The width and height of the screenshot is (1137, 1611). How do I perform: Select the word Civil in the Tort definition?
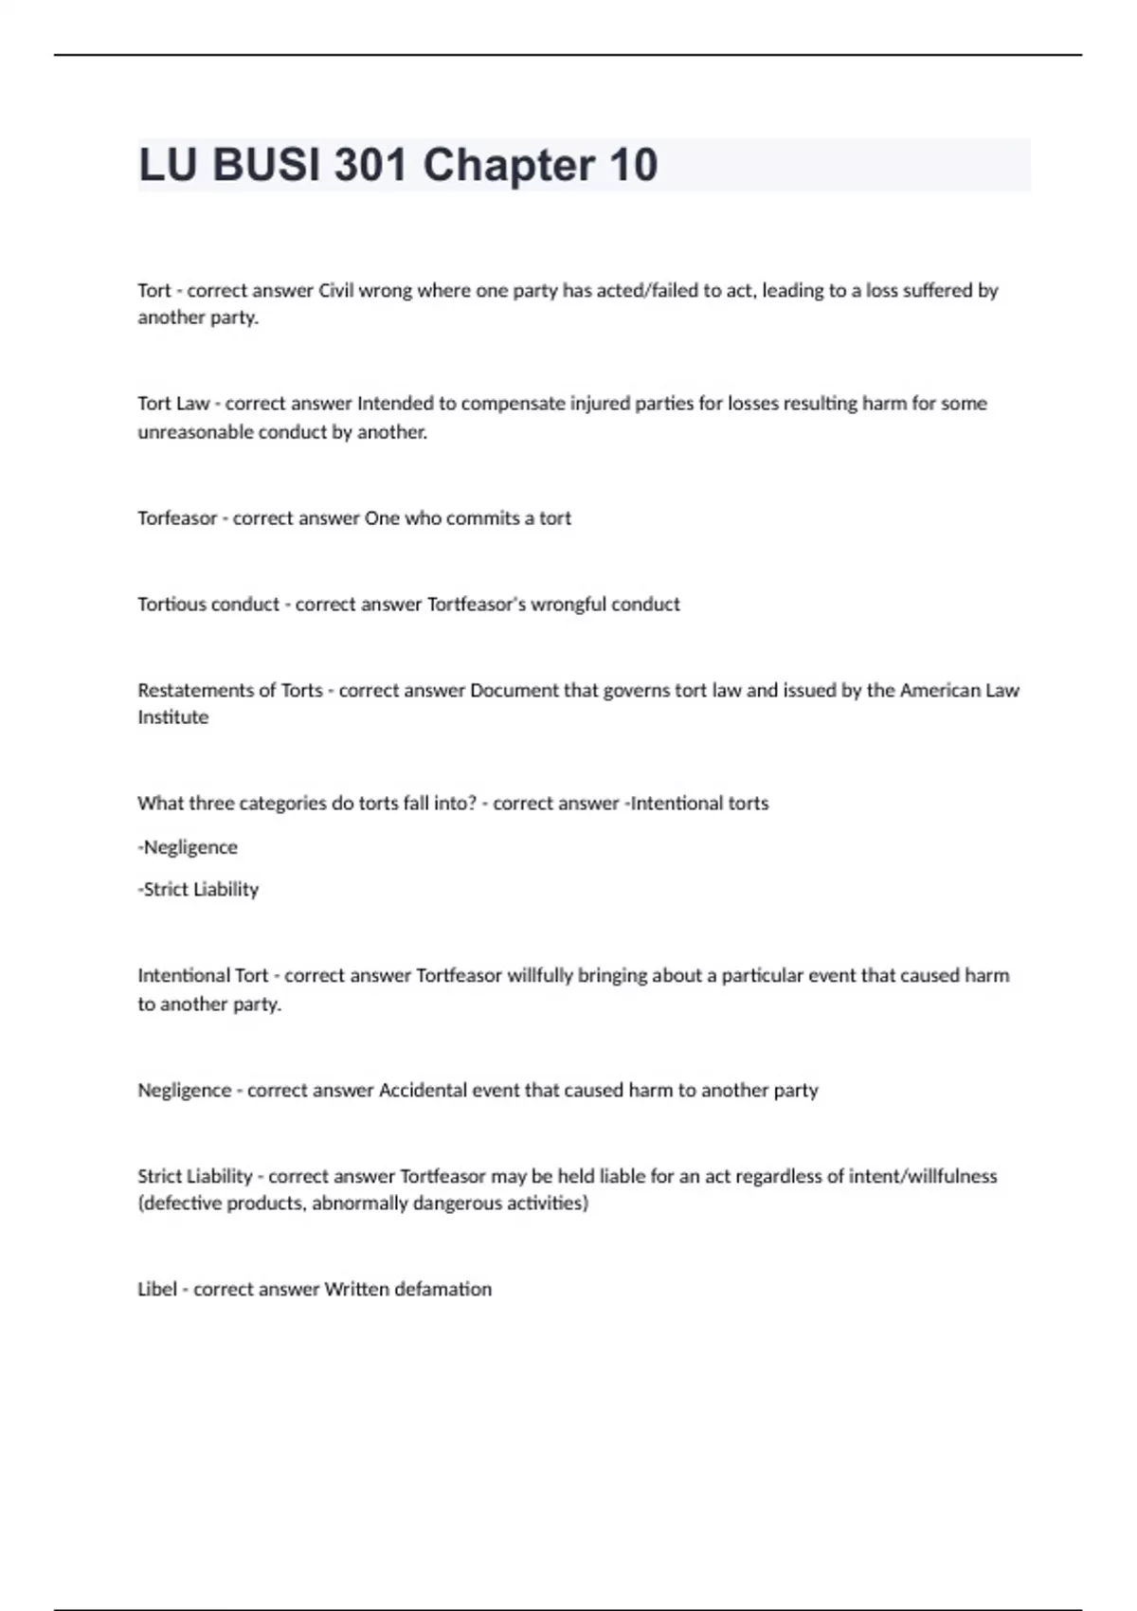(335, 290)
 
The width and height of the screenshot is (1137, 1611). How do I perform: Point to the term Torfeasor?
(177, 518)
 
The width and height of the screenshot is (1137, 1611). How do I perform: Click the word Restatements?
(194, 691)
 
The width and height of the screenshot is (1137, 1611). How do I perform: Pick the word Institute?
(172, 717)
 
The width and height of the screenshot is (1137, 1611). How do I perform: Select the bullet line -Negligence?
(188, 847)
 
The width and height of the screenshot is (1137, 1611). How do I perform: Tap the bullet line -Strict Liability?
(198, 890)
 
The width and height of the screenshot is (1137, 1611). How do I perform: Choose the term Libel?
(157, 1290)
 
